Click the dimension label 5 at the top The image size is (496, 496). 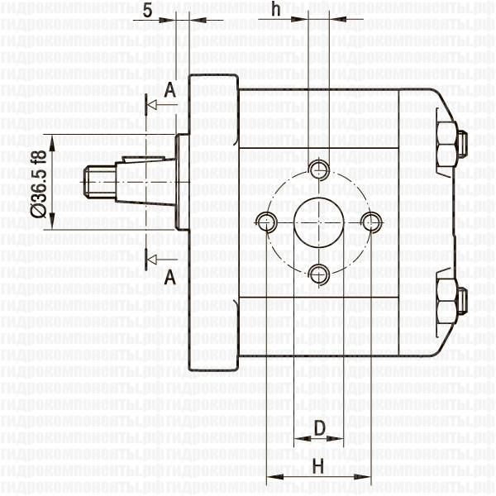147,10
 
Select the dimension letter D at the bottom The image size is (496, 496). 318,427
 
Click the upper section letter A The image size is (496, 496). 169,91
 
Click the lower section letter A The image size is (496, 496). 169,277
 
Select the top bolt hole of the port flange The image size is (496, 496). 318,169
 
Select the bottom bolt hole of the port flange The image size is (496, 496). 318,273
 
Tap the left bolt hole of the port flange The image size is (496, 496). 266,221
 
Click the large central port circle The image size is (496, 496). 318,221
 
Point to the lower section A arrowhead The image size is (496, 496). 151,260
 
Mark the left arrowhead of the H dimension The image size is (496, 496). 273,478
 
